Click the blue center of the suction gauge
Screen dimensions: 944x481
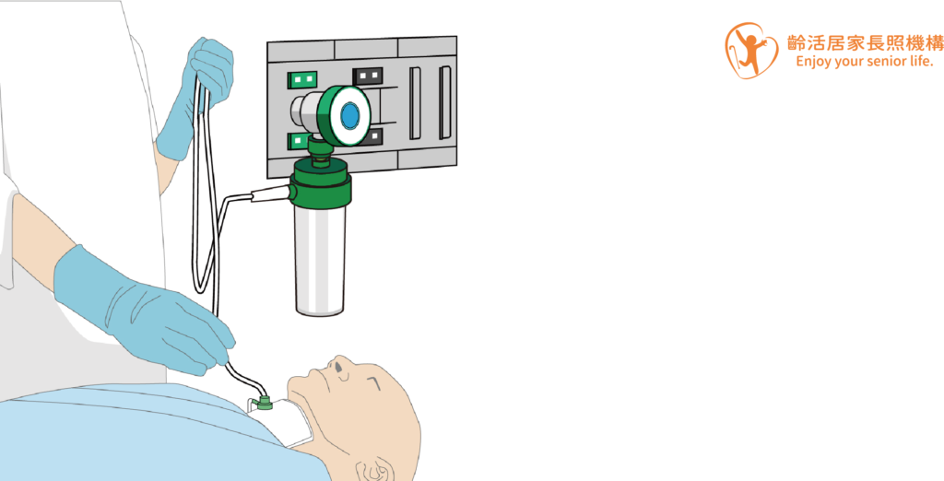[349, 115]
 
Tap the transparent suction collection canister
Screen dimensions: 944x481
[320, 260]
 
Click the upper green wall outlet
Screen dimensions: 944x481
[302, 79]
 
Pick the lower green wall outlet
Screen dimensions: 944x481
[298, 141]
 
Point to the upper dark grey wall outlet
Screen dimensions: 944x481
[368, 76]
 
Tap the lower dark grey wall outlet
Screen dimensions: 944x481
[374, 136]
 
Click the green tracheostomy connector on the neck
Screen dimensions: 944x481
[263, 402]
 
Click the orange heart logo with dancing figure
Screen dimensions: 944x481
[750, 51]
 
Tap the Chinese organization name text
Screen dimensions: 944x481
[865, 42]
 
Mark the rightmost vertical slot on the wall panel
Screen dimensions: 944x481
[445, 102]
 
